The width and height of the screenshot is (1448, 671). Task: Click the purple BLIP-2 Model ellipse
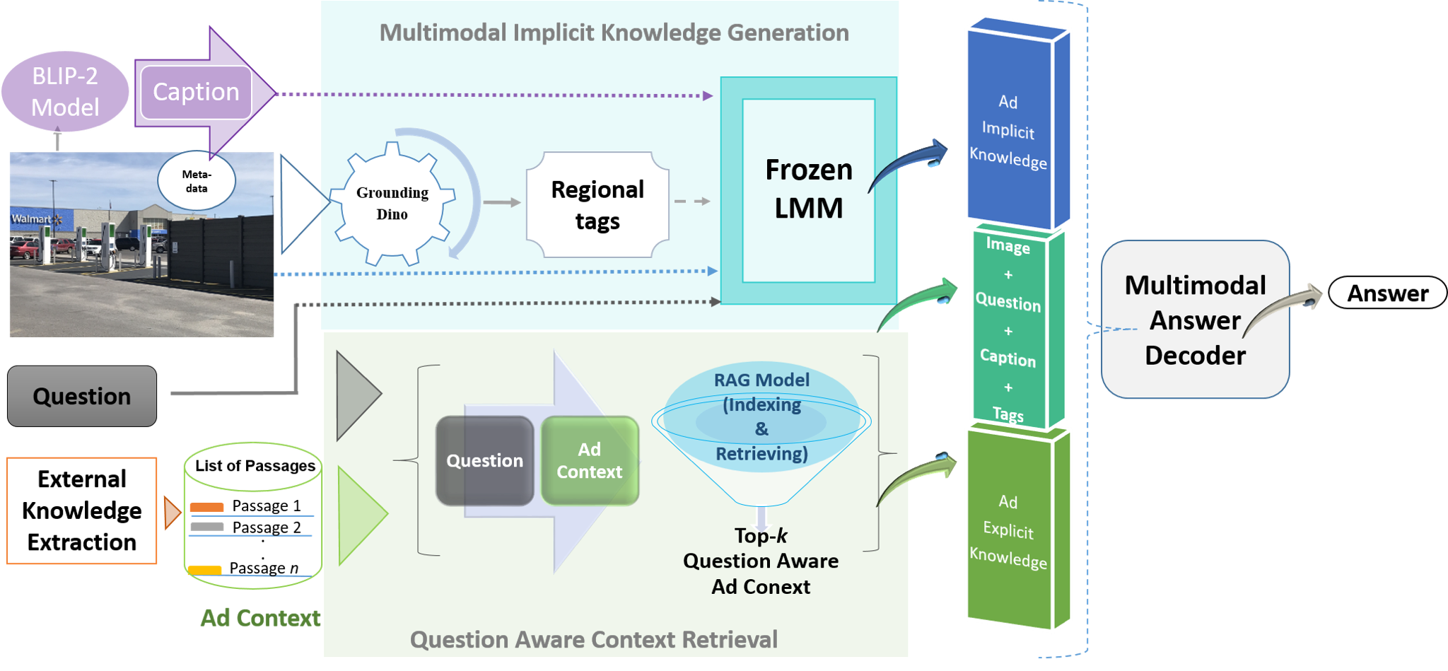(x=65, y=92)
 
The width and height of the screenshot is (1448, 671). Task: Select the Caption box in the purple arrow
(x=196, y=92)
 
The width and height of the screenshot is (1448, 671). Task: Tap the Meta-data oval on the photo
(x=197, y=181)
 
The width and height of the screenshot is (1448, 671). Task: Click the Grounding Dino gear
(x=392, y=204)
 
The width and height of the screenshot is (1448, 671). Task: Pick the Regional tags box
(x=597, y=205)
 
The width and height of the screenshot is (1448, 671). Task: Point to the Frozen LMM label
(x=809, y=189)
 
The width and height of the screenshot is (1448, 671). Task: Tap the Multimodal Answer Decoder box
(x=1195, y=320)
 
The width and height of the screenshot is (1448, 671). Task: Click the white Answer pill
(x=1387, y=293)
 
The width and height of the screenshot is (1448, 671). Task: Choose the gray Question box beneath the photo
(x=82, y=396)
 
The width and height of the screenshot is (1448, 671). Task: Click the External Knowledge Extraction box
(x=82, y=510)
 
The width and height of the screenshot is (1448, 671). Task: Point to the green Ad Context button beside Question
(x=590, y=461)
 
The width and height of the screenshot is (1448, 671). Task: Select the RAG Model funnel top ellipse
(x=761, y=417)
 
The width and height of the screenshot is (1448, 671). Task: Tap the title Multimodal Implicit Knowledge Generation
(x=614, y=33)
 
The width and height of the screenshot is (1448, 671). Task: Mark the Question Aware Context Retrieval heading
(x=594, y=639)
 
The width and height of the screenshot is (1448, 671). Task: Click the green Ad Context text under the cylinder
(x=260, y=618)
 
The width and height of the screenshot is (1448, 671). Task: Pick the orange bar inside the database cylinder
(x=206, y=507)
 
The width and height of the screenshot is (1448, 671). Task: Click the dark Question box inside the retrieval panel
(x=485, y=461)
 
